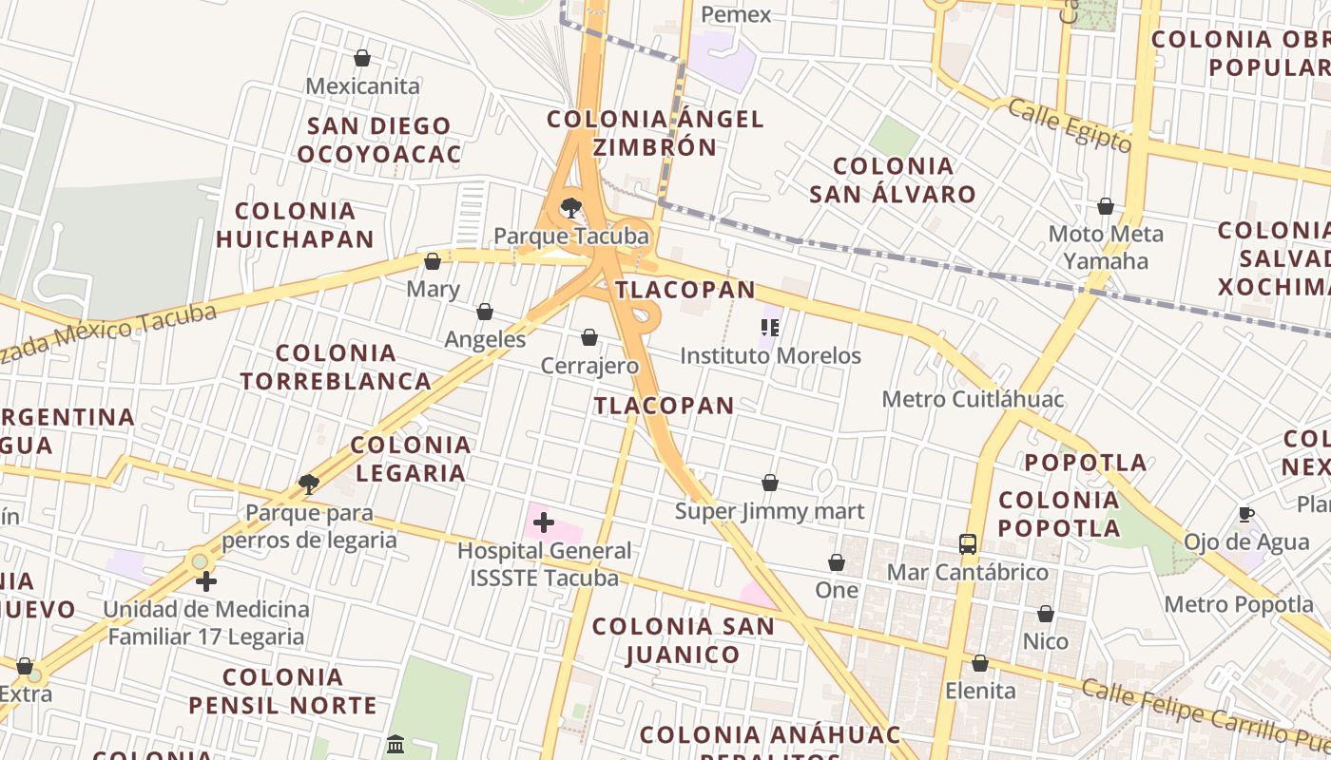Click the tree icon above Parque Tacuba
click(571, 207)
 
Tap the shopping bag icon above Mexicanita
click(361, 58)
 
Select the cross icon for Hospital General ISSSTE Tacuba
click(544, 522)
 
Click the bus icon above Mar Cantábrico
click(968, 544)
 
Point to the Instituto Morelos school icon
click(770, 329)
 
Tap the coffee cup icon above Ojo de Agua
click(1246, 514)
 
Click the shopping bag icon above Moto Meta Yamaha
click(1106, 206)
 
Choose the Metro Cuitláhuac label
click(973, 399)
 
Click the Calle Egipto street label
click(1070, 125)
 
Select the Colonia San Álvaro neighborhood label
click(893, 180)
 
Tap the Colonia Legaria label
click(410, 459)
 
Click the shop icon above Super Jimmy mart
click(770, 484)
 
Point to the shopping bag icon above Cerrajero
click(589, 337)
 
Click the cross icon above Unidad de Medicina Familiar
click(206, 581)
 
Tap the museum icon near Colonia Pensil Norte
click(395, 744)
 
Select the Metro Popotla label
click(1239, 604)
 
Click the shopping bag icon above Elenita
click(980, 663)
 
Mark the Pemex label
click(736, 14)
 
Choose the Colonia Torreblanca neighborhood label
click(336, 367)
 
